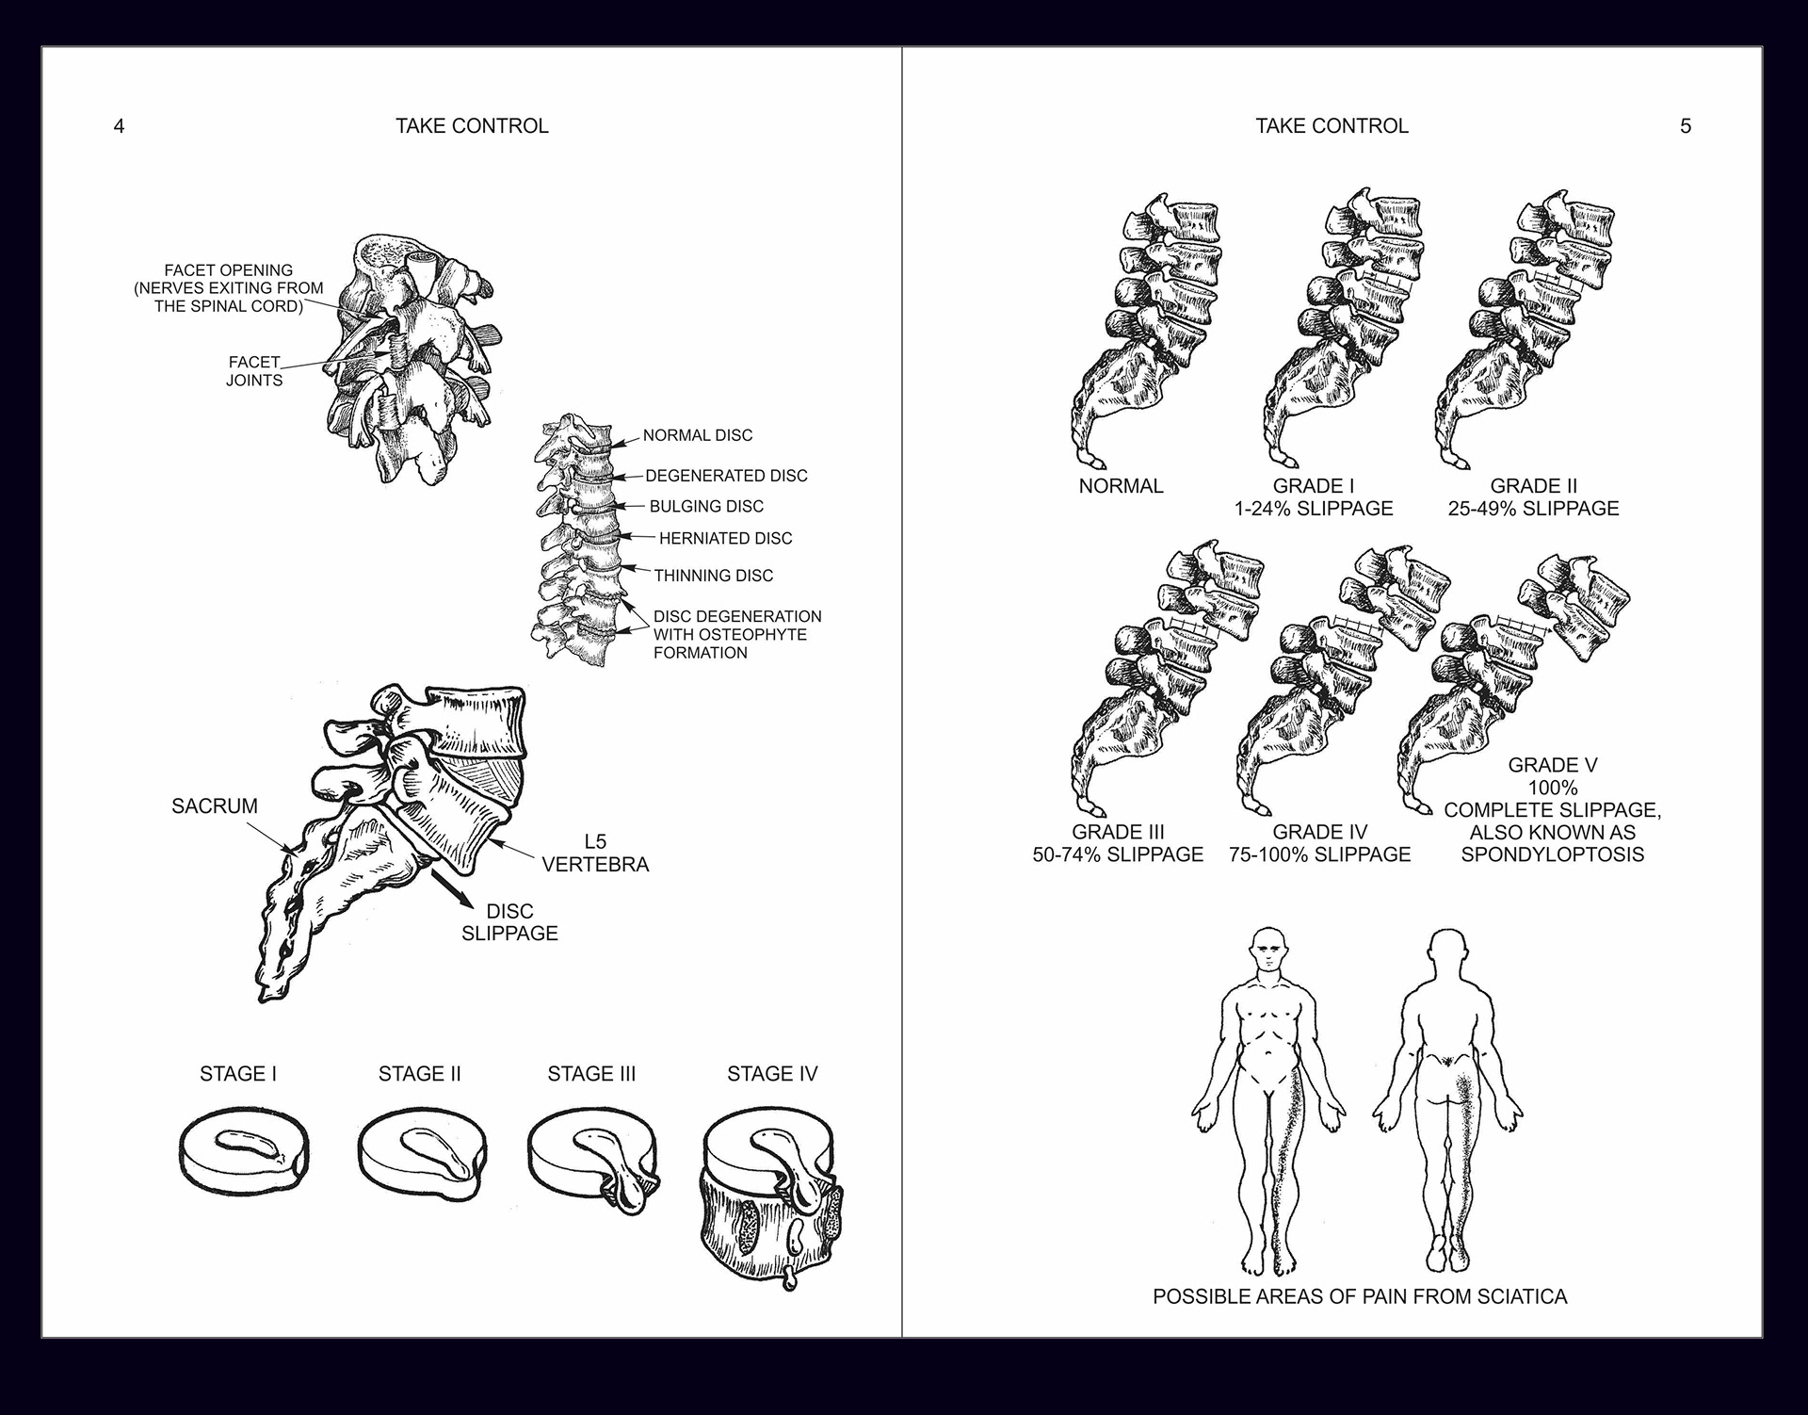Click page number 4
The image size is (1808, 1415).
pos(119,126)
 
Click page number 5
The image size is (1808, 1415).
pos(1686,126)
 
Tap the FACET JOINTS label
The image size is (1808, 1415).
pos(254,371)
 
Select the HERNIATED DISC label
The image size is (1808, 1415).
pos(725,538)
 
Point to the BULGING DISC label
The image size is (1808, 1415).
pos(706,506)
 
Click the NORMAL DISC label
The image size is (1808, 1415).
pos(698,435)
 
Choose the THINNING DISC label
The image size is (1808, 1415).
pos(713,575)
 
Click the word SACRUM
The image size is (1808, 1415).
pos(215,806)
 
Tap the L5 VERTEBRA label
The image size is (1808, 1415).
pos(595,853)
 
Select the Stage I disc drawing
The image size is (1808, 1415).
pos(244,1153)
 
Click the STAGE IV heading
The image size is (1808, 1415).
pos(772,1074)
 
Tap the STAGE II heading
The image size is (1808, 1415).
pos(419,1074)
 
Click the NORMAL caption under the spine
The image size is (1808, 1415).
pos(1121,486)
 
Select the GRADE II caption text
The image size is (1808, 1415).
pos(1533,497)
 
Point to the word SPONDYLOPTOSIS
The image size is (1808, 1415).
pos(1552,854)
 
